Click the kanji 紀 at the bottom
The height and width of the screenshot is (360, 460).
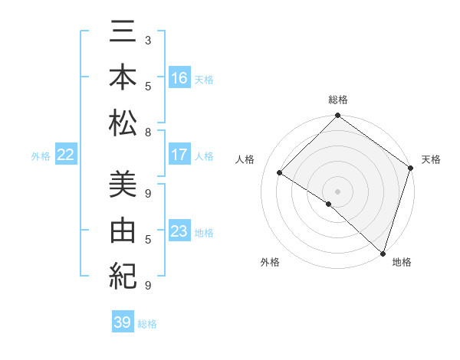pos(123,275)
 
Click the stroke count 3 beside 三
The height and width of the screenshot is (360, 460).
pos(147,39)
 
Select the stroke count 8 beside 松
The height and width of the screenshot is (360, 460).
pos(147,132)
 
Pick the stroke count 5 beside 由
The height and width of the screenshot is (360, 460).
pos(147,240)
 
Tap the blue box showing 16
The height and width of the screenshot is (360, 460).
pos(179,78)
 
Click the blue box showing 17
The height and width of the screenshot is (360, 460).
pos(179,155)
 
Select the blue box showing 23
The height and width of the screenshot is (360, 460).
pos(179,231)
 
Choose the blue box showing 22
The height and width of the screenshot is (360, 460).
pos(65,155)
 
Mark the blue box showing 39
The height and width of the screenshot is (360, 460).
pos(122,322)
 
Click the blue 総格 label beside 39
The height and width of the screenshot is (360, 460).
pos(147,324)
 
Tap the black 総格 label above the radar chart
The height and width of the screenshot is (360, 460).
pos(337,100)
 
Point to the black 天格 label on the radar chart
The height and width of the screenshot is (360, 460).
pos(431,159)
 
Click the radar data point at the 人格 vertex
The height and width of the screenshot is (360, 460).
pos(280,173)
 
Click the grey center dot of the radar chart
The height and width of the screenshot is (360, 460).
pos(337,191)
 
